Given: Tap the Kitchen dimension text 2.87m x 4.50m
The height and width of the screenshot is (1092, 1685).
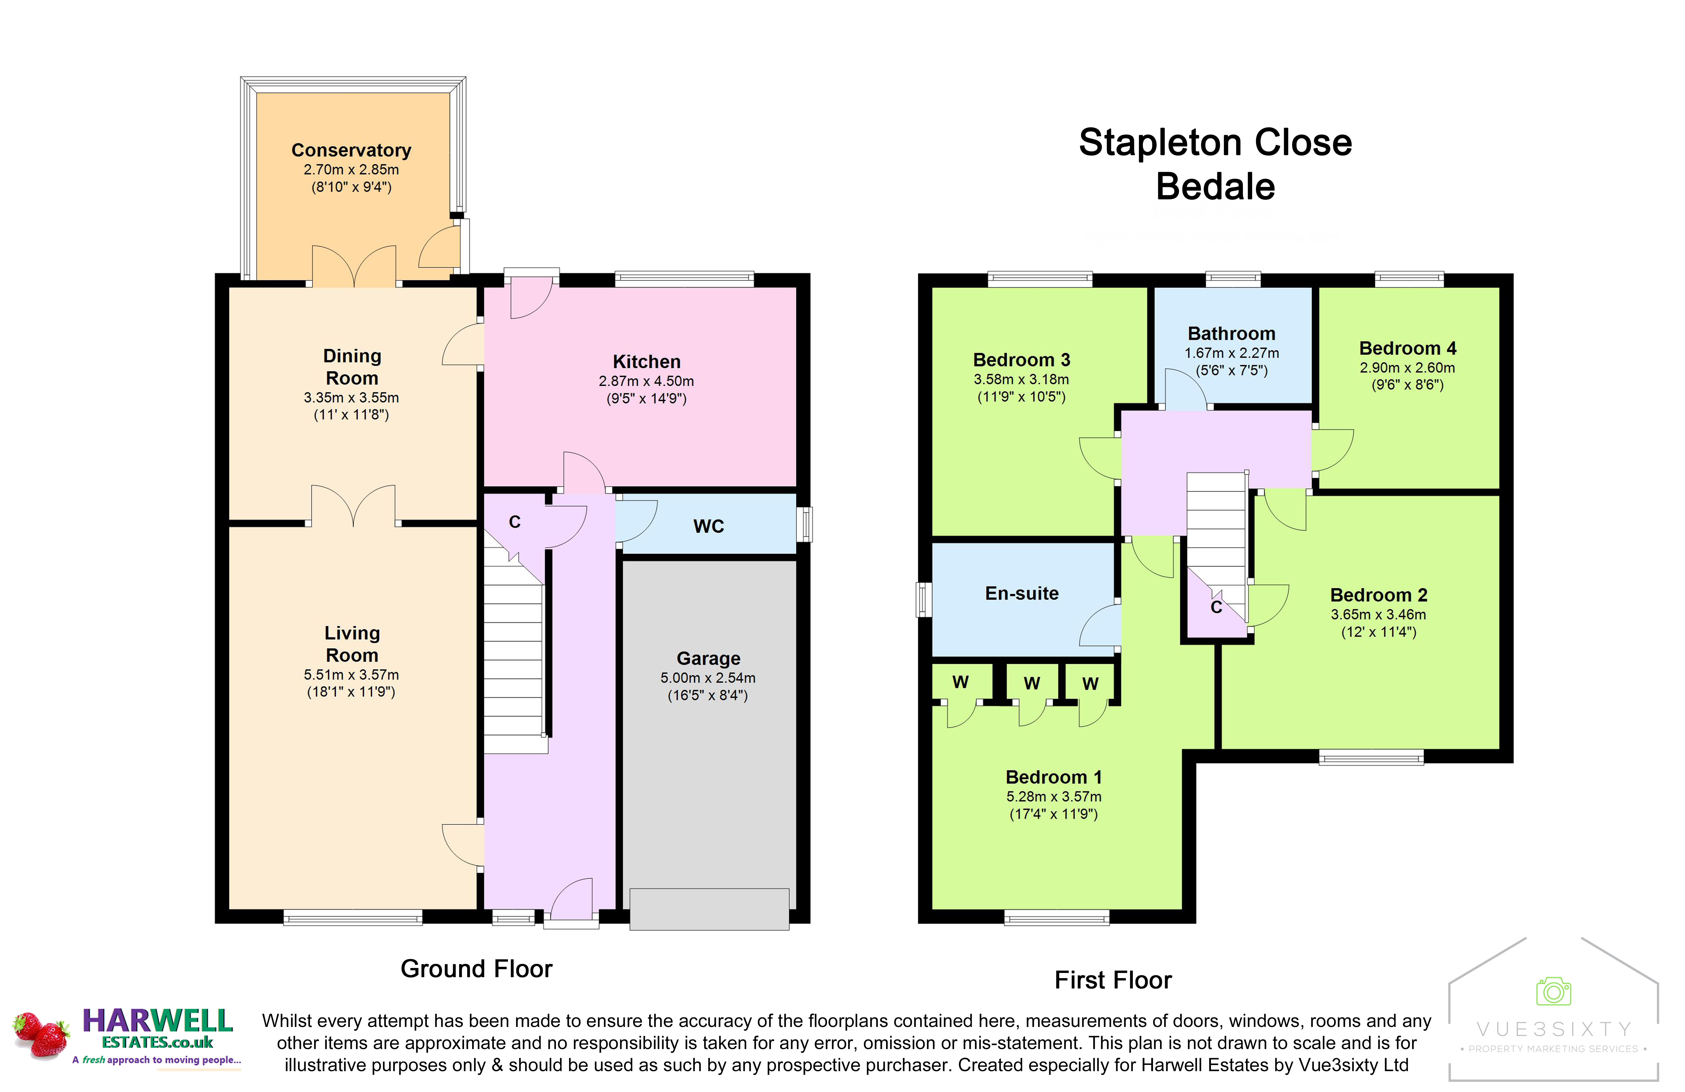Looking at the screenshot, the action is pyautogui.click(x=646, y=381).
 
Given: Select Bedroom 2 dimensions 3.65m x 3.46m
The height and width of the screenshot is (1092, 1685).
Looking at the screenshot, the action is pyautogui.click(x=1378, y=614).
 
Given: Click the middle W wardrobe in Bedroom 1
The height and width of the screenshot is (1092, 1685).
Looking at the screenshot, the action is pyautogui.click(x=1031, y=683).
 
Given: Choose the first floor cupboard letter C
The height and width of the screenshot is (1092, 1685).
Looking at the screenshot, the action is pyautogui.click(x=1216, y=607).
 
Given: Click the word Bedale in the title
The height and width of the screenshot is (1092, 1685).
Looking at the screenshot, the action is pyautogui.click(x=1216, y=187).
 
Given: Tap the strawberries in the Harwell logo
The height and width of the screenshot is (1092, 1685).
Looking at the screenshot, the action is pyautogui.click(x=41, y=1035).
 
